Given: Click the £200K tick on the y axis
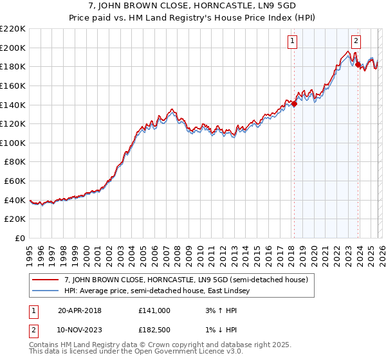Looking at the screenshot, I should [13, 48].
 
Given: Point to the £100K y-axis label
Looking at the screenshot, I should [13, 143].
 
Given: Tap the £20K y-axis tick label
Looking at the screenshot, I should [15, 219].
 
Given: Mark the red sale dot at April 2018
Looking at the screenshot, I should [294, 104].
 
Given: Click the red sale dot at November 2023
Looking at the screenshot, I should [357, 64].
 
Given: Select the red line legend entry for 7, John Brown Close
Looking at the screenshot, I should [187, 280].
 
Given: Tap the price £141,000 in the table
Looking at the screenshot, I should [154, 310].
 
